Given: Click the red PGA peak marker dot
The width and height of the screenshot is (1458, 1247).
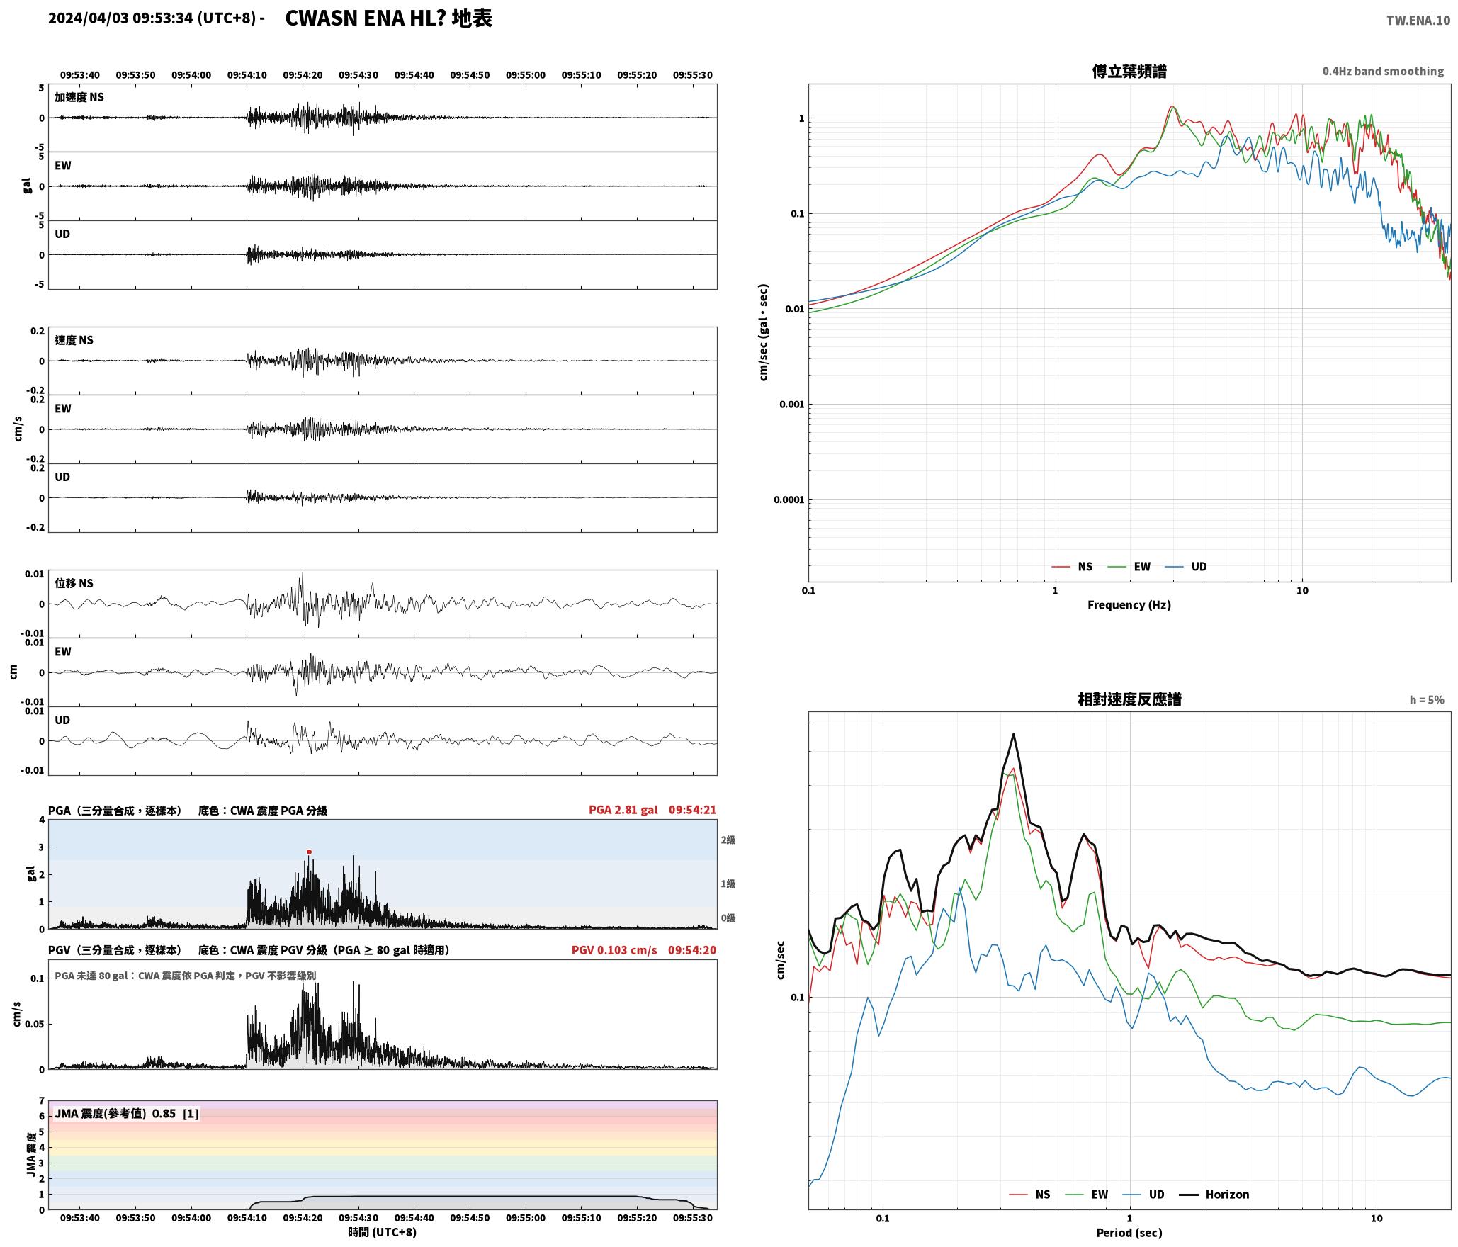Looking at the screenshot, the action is pyautogui.click(x=309, y=852).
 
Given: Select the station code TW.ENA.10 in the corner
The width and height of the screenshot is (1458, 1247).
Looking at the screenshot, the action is pyautogui.click(x=1418, y=21).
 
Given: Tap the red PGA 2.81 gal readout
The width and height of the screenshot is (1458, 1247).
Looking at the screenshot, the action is pyautogui.click(x=623, y=810).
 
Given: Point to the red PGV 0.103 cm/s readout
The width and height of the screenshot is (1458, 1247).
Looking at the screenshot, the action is pyautogui.click(x=614, y=950).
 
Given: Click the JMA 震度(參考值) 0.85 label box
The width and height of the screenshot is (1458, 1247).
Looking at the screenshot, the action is pyautogui.click(x=127, y=1113).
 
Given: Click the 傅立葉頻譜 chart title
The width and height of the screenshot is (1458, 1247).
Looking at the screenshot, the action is pyautogui.click(x=1129, y=71).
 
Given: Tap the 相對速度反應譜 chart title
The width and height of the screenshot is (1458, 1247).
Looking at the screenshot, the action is pyautogui.click(x=1129, y=699).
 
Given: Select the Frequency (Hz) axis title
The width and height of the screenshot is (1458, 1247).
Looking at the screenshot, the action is pyautogui.click(x=1129, y=604).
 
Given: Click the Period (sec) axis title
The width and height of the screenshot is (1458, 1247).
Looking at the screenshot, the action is pyautogui.click(x=1129, y=1232).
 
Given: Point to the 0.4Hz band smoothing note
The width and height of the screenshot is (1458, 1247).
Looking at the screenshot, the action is pyautogui.click(x=1383, y=71).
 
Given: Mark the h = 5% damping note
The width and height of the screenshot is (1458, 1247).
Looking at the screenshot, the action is pyautogui.click(x=1427, y=700).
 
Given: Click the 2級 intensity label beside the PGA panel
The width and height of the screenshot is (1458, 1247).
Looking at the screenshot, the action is pyautogui.click(x=728, y=840).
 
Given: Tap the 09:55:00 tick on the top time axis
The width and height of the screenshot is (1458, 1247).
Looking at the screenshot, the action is pyautogui.click(x=526, y=74).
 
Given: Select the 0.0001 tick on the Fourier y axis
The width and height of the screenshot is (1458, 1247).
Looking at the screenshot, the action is pyautogui.click(x=789, y=500).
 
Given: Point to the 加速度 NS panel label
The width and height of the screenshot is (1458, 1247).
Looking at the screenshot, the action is pyautogui.click(x=79, y=97).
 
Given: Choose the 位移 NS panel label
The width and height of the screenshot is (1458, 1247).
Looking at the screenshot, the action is pyautogui.click(x=74, y=583).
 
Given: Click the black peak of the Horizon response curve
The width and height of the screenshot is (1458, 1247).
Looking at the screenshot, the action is pyautogui.click(x=1014, y=734).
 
